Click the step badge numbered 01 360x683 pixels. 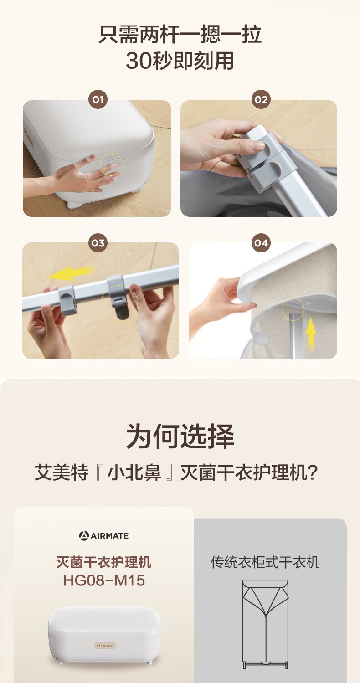click(x=98, y=99)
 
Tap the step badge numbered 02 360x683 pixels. click(x=261, y=99)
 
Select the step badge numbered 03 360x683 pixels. click(x=98, y=243)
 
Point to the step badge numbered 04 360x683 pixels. click(x=261, y=243)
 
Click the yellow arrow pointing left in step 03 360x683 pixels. click(x=72, y=273)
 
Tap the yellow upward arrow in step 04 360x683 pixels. click(x=311, y=334)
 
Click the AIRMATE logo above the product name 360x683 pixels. click(x=103, y=536)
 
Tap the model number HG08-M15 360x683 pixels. click(x=104, y=580)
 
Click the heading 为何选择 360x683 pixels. click(x=180, y=436)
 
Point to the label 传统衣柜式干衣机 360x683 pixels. click(x=265, y=562)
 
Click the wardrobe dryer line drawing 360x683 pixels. click(x=265, y=624)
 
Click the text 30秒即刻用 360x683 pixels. click(x=180, y=61)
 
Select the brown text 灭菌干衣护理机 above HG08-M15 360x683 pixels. click(x=103, y=562)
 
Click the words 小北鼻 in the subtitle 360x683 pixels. click(x=134, y=473)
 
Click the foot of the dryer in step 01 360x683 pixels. click(x=72, y=204)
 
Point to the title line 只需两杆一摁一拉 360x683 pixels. click(x=180, y=34)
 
